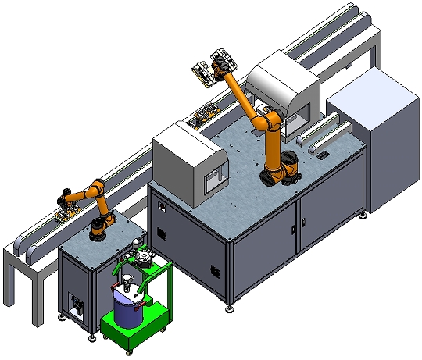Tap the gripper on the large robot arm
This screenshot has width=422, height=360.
[213, 67]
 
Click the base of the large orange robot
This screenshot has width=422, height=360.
[280, 173]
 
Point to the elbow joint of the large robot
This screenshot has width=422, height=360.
[268, 123]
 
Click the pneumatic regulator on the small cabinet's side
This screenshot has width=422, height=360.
[76, 304]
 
